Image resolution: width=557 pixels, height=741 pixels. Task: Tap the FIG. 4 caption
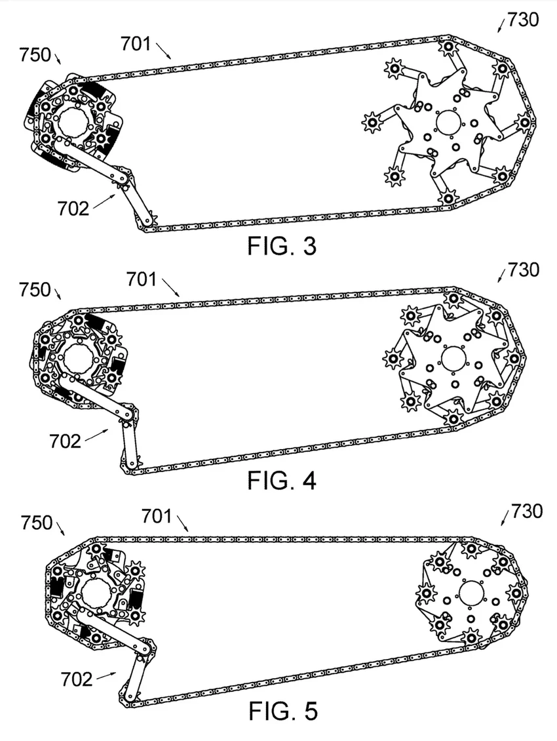[282, 480]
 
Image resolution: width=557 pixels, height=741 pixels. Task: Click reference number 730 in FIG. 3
[522, 20]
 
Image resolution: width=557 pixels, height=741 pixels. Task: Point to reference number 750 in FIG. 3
[35, 55]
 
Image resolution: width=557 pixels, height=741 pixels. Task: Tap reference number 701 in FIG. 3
[136, 44]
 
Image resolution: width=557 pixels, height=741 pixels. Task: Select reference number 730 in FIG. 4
[522, 270]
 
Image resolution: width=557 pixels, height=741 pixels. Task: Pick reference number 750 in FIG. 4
[35, 289]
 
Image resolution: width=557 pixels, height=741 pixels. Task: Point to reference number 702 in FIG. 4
[66, 441]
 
